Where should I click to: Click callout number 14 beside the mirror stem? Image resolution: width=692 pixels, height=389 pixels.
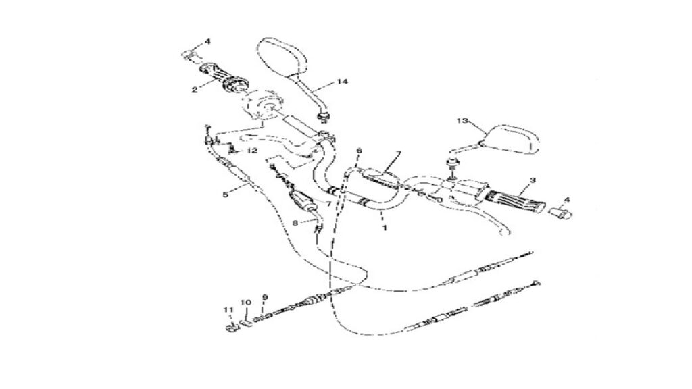coord(342,82)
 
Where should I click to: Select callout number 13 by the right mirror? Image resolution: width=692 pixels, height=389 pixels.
coord(462,121)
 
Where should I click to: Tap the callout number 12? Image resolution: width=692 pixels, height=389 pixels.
coord(251,151)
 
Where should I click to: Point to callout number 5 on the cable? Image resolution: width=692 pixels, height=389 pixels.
coord(226,194)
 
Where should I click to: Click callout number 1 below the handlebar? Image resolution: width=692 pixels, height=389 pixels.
coord(385,228)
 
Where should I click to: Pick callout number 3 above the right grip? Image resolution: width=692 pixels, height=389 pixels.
coord(533,180)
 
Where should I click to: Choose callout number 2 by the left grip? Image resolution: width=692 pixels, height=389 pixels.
coord(195,90)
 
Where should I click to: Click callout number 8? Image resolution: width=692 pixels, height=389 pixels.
coord(295,223)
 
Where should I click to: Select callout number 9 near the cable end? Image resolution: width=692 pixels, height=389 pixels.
coord(265,297)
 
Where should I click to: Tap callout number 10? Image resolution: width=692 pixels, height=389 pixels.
coord(246,303)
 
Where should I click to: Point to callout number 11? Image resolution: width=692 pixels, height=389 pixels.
coord(228,309)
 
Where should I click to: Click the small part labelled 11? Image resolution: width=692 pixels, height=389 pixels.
coord(230,328)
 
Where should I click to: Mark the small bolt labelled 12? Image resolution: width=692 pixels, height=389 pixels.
coord(232,152)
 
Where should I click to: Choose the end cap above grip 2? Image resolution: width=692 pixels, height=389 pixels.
coord(190,55)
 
